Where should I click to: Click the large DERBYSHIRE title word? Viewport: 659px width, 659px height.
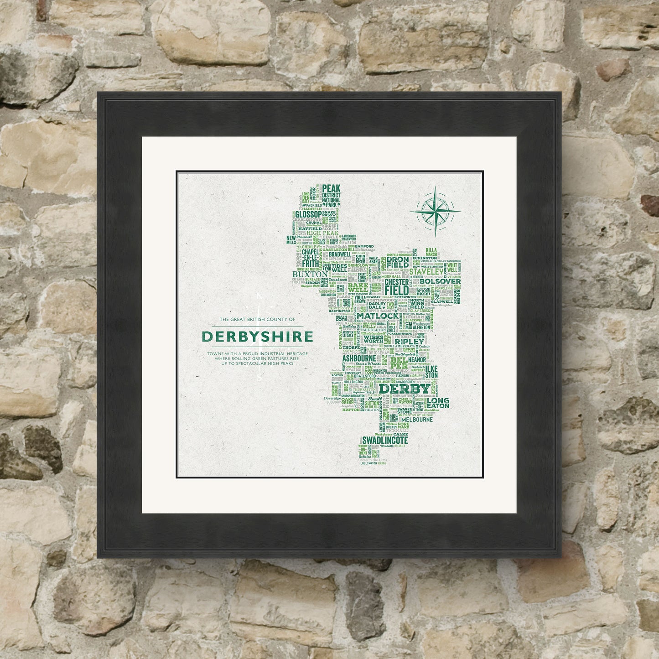[x=257, y=337]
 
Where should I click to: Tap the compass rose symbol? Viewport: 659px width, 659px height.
[x=434, y=210]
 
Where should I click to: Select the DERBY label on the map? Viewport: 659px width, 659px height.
[x=405, y=389]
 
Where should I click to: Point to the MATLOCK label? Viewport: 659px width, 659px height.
[x=378, y=316]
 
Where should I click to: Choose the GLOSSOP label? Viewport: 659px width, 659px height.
[x=308, y=214]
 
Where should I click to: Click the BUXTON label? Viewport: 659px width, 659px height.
[x=310, y=275]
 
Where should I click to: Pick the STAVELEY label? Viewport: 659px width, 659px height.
[x=423, y=271]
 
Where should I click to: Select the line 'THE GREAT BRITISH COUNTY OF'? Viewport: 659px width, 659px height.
[x=257, y=319]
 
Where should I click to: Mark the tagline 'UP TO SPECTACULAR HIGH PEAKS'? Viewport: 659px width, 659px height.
[x=257, y=363]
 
